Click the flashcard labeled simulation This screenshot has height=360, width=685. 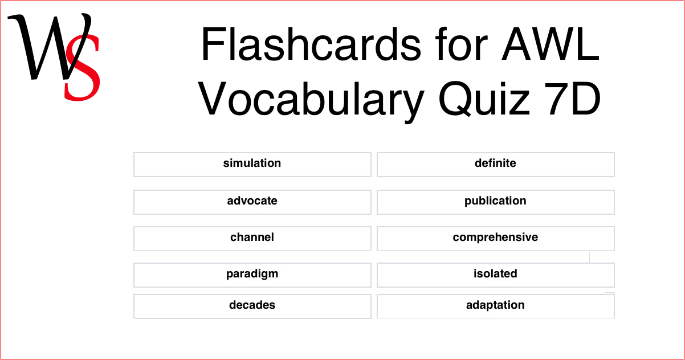tap(252, 164)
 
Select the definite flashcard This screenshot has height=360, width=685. tap(495, 164)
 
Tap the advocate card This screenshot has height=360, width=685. tap(252, 202)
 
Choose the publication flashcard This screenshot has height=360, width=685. tap(495, 202)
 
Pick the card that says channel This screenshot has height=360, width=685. tap(252, 238)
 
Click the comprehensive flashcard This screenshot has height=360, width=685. tap(495, 238)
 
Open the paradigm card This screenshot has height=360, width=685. tap(252, 275)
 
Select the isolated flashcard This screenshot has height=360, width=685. tap(495, 275)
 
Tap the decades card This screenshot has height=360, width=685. tap(252, 306)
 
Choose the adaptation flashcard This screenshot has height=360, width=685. tap(495, 306)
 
